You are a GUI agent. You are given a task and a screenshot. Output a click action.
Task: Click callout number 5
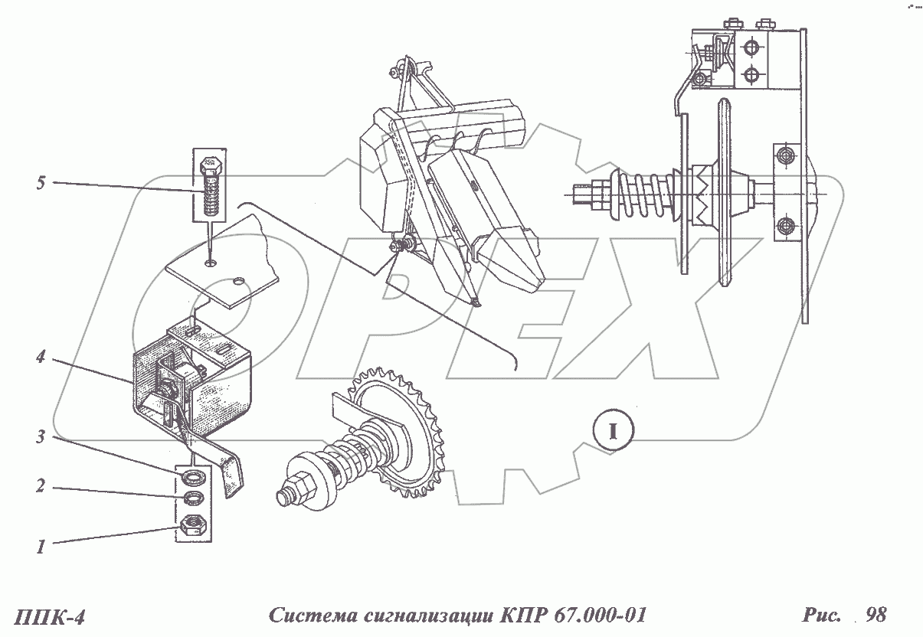coord(41,183)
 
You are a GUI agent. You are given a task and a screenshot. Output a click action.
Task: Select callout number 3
coord(41,438)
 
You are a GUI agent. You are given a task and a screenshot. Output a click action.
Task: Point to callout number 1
coord(41,547)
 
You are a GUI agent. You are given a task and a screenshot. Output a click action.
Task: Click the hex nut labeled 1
coord(193,525)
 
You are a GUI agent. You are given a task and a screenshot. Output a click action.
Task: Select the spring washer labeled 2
coord(193,499)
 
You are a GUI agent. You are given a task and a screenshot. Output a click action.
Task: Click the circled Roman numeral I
coord(612,430)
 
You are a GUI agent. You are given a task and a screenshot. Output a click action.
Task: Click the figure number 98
coord(876,615)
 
